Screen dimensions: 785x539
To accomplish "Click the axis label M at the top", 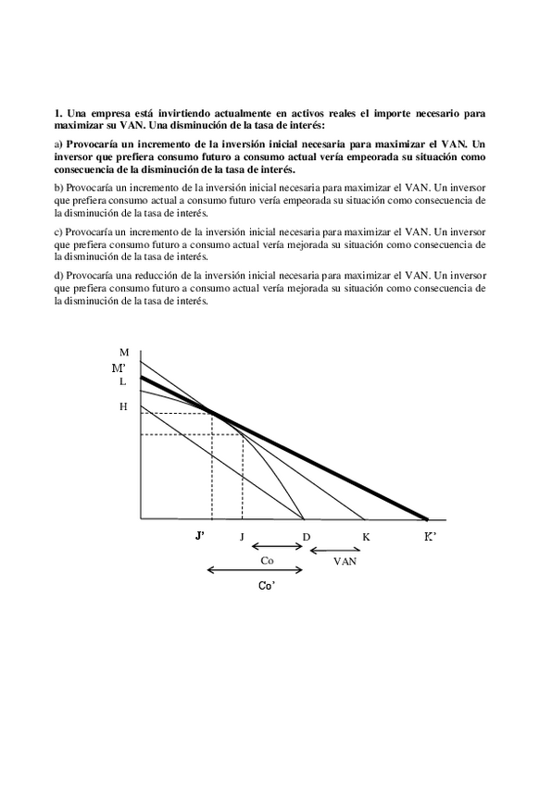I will click(x=124, y=352).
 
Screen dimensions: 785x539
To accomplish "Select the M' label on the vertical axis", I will click(x=119, y=368).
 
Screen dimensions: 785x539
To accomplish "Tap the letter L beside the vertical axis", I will click(x=122, y=381).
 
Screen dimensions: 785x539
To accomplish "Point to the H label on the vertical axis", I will click(x=123, y=406).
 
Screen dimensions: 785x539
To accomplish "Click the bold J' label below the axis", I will click(x=199, y=537).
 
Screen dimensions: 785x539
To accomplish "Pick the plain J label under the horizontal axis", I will click(x=242, y=538).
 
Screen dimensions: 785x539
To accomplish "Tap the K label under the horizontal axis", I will click(x=366, y=538).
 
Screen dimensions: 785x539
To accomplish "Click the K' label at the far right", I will click(x=430, y=537).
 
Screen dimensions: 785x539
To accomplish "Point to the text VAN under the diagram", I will click(x=345, y=562).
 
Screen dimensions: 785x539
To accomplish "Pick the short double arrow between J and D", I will click(x=277, y=546).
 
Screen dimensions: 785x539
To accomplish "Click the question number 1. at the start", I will click(x=58, y=113).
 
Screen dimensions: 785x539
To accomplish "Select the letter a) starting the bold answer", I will click(x=58, y=143).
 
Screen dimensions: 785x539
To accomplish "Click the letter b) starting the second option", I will click(x=58, y=187).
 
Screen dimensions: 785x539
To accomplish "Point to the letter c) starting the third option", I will click(x=58, y=231).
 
